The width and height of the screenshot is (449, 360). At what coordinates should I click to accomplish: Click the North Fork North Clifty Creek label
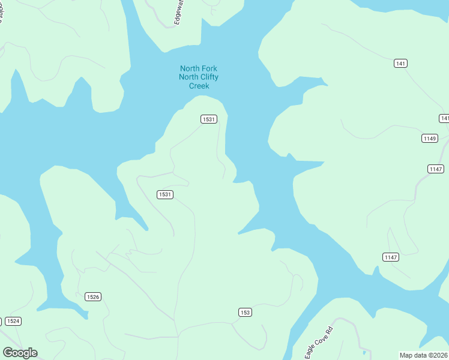tap(199, 77)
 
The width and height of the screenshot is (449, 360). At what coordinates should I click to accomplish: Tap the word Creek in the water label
tap(199, 86)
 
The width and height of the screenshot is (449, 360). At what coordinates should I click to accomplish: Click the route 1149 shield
tap(429, 139)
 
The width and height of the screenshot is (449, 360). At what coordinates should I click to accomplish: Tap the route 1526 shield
tap(93, 296)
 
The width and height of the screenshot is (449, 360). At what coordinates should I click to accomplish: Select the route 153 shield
tap(244, 312)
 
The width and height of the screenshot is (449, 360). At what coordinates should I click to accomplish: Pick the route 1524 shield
tap(13, 321)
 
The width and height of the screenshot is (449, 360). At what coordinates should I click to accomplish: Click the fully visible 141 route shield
tap(401, 63)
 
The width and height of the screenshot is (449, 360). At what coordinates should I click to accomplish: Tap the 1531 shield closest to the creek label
tap(208, 119)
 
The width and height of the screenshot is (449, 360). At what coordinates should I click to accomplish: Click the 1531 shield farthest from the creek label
tap(165, 194)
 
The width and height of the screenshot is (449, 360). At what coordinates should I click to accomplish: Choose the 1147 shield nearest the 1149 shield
tap(436, 169)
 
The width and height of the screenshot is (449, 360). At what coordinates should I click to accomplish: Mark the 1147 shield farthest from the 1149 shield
tap(390, 257)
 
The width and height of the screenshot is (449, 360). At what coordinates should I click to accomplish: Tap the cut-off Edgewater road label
tap(178, 13)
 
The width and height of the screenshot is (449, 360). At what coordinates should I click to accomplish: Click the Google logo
tap(20, 353)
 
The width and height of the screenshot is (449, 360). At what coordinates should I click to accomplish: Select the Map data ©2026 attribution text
tap(423, 355)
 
